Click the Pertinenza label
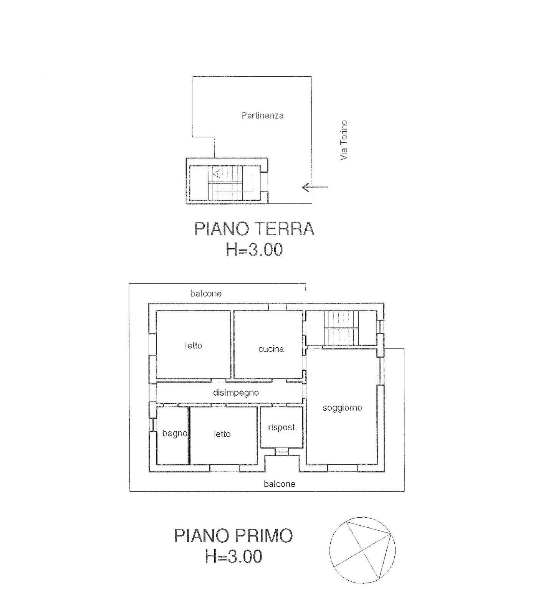262,115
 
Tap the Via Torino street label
343,140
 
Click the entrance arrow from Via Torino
315,187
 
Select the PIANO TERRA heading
254,229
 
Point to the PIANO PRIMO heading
233,535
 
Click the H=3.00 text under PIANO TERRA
254,249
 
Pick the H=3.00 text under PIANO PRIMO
233,556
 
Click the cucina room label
271,349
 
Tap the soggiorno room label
342,408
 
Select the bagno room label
175,434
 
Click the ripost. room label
282,428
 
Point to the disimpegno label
236,393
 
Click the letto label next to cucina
194,345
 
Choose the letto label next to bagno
222,434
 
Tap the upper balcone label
206,294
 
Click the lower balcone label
280,484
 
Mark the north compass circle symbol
329,549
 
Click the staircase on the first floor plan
341,328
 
